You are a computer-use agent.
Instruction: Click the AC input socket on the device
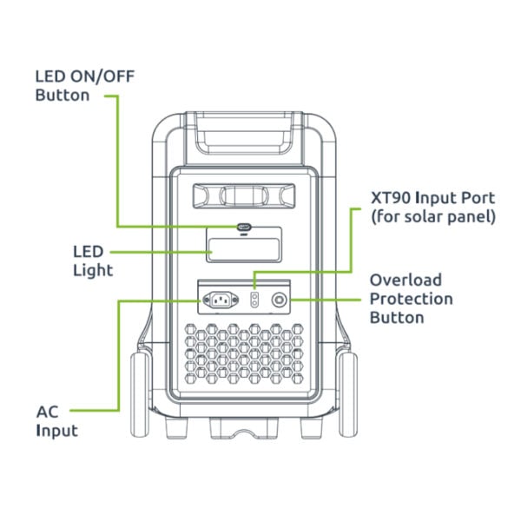coord(220,300)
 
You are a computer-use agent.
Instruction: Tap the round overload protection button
coord(280,300)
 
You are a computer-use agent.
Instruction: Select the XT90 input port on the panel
coord(254,300)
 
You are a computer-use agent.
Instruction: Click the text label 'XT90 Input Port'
coord(432,198)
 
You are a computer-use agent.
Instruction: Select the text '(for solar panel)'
coord(432,217)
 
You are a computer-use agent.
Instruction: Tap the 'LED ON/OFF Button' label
coord(80,84)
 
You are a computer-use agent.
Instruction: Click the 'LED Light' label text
coord(92,260)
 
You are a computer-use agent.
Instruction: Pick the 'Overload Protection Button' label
coord(411,299)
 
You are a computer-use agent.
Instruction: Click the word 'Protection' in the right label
coord(411,299)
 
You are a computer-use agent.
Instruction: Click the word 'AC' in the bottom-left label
coord(48,411)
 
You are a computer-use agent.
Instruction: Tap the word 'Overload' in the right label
coord(406,280)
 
